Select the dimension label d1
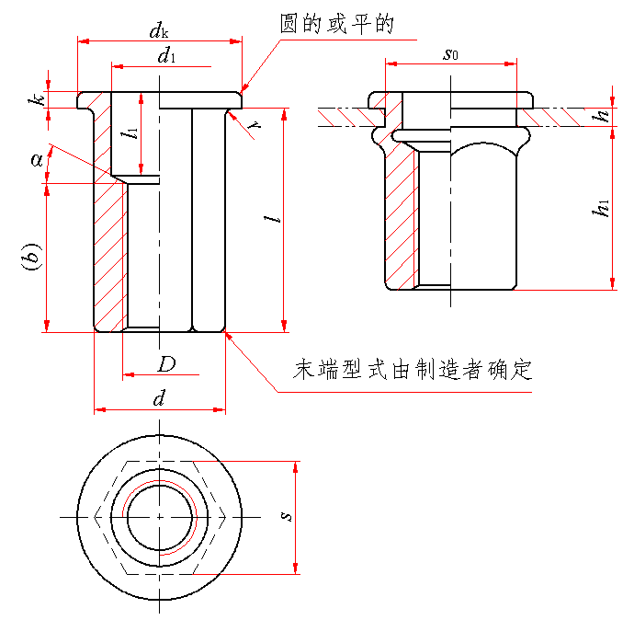pos(166,56)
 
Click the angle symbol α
pos(38,160)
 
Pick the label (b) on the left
pos(31,258)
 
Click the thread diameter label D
pos(166,364)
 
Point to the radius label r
pos(258,129)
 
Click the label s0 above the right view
pos(450,55)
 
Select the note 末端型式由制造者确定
pos(413,371)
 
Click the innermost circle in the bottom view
pos(160,517)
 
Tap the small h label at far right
pos(603,117)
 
